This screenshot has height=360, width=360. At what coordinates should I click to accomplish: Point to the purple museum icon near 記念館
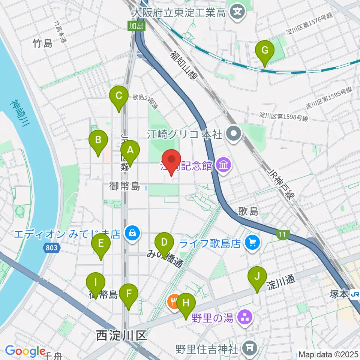(x=224, y=165)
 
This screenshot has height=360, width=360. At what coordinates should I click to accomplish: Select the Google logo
(x=25, y=351)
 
